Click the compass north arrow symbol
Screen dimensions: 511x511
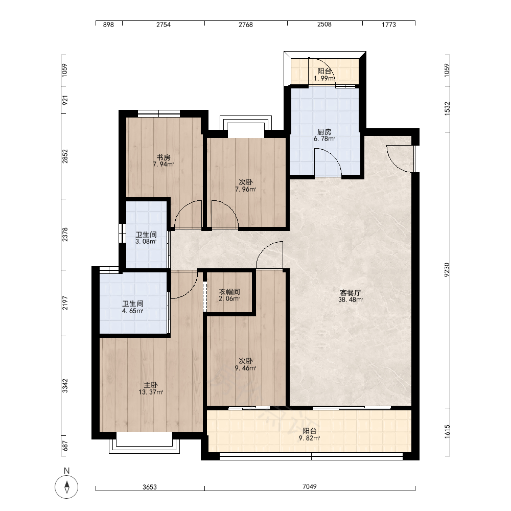point(66,487)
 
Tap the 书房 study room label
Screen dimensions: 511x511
point(164,157)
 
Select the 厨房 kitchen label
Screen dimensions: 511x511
point(324,132)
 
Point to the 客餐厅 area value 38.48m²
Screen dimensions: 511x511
point(351,300)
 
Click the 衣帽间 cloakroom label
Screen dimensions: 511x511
point(229,292)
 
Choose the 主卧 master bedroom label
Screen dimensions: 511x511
point(151,385)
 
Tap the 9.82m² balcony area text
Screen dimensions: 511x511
point(309,438)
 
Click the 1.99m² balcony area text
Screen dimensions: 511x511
point(324,79)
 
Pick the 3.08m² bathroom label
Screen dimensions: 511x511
point(146,242)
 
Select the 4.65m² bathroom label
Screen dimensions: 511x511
point(133,311)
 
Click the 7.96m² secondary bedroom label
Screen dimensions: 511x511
point(245,190)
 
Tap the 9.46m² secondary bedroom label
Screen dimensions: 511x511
point(245,368)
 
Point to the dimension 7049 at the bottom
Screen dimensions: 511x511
point(309,487)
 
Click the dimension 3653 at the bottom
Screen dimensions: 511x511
point(150,487)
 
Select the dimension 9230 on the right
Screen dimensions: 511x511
point(447,270)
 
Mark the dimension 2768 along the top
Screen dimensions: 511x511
point(245,25)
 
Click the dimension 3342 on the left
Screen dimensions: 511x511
point(65,385)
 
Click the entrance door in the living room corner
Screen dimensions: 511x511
point(401,159)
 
